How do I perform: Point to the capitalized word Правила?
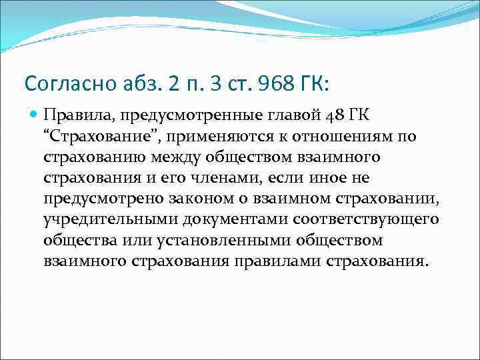pos(71,117)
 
